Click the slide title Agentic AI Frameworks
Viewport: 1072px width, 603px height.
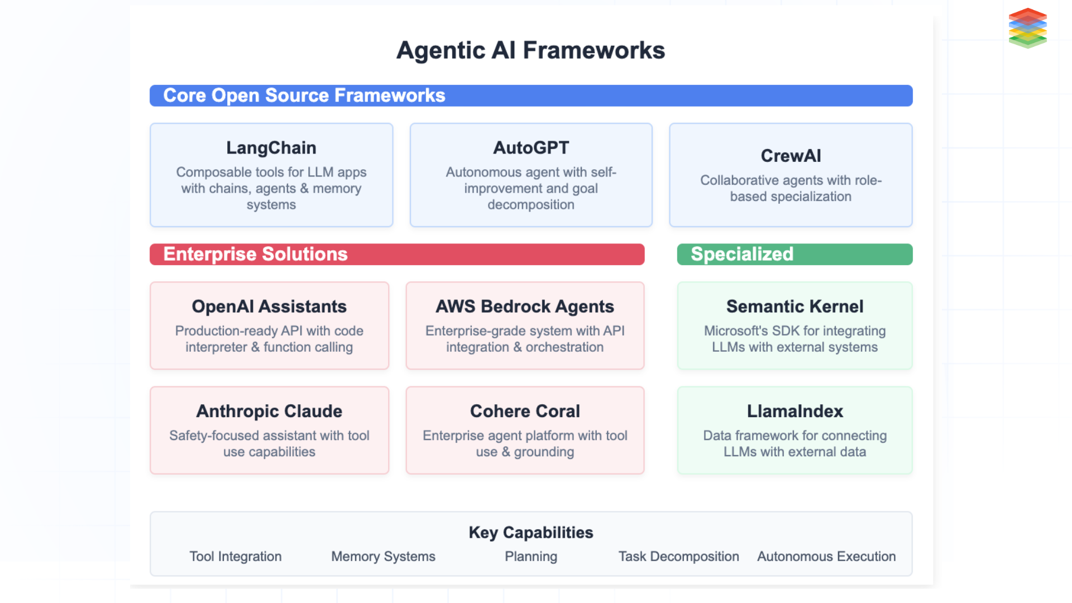point(530,50)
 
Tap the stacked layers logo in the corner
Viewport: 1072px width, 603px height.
point(1027,28)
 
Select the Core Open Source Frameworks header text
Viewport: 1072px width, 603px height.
point(304,95)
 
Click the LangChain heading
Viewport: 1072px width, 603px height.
point(271,148)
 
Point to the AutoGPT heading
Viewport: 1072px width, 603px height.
point(531,148)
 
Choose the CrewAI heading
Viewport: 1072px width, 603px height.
point(791,156)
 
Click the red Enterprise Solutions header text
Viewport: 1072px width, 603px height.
point(255,254)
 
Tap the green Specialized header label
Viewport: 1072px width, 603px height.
point(741,254)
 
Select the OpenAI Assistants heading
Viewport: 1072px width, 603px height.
point(269,307)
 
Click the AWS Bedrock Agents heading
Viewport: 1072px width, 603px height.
point(525,307)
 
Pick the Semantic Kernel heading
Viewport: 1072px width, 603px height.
point(795,307)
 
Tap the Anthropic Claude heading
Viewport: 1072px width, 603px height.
point(269,411)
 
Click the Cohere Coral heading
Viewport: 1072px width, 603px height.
point(525,411)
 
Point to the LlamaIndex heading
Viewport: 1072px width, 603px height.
point(795,411)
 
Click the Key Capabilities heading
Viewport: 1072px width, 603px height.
point(531,533)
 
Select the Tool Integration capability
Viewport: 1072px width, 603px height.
point(235,557)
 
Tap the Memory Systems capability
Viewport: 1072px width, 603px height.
point(383,557)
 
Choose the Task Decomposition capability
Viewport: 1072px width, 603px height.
point(678,557)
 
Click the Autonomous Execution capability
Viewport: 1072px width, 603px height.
point(826,557)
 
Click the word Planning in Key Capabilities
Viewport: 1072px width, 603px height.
point(531,557)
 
